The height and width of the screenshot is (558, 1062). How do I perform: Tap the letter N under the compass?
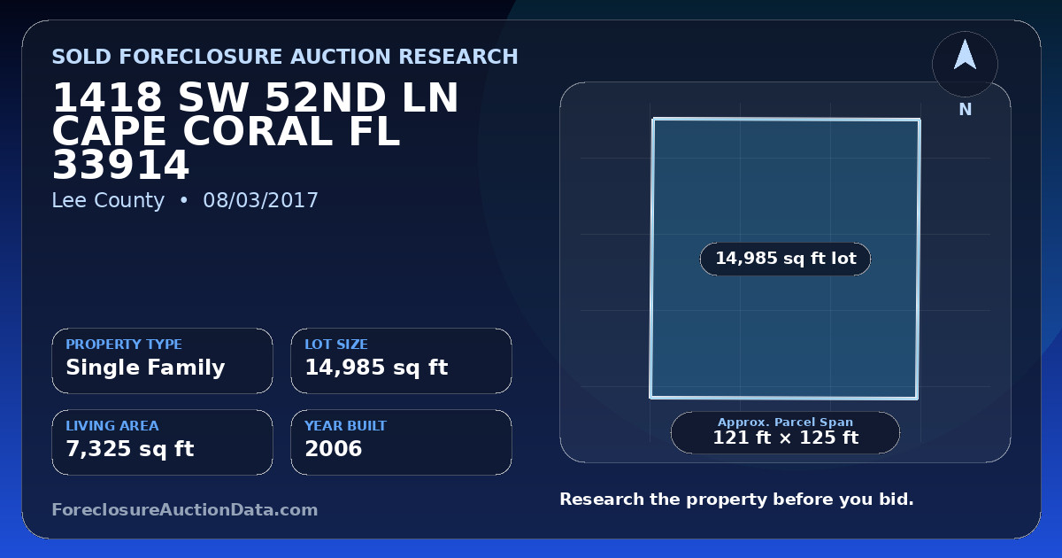tap(966, 110)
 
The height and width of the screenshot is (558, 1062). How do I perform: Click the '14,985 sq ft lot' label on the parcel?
tap(786, 258)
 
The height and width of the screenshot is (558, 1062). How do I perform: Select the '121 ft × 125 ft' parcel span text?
tap(786, 438)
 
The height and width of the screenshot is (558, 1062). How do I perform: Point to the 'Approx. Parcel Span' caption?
tap(786, 422)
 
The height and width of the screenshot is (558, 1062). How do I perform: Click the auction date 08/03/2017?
tap(260, 200)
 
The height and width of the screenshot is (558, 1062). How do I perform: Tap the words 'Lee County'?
tap(108, 200)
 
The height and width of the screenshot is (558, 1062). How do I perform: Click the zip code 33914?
tap(121, 165)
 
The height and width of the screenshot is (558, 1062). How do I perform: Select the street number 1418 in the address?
tap(107, 97)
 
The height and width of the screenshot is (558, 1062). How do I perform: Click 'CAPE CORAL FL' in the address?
tap(227, 131)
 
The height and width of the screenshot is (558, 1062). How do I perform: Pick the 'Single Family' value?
tap(145, 368)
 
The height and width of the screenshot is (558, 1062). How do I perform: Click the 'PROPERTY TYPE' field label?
tap(124, 344)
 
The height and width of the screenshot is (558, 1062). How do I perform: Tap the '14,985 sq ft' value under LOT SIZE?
tap(376, 368)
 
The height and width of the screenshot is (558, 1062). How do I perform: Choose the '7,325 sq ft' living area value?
tap(130, 449)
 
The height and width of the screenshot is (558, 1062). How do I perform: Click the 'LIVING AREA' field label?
tap(112, 426)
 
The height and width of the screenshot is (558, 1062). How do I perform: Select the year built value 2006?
tap(334, 449)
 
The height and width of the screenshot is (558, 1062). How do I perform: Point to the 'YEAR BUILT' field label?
tap(346, 426)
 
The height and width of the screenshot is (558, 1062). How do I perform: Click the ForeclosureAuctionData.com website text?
tap(185, 509)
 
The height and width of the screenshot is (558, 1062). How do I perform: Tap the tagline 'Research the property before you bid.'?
tap(736, 500)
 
